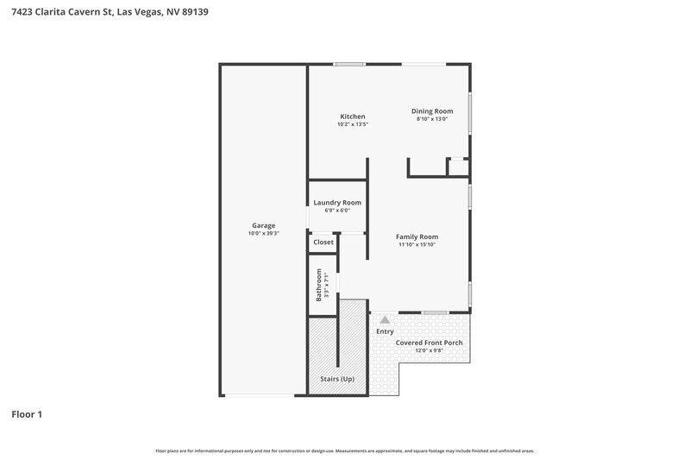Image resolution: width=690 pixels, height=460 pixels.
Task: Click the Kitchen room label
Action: pyautogui.click(x=352, y=117)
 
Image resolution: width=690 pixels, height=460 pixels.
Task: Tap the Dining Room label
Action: pyautogui.click(x=432, y=111)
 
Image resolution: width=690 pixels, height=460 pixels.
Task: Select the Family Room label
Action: pyautogui.click(x=417, y=236)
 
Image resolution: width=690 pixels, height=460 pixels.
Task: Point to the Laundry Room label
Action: pyautogui.click(x=336, y=203)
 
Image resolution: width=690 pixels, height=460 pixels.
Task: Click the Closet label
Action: pyautogui.click(x=323, y=243)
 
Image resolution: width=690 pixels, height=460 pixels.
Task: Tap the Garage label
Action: pyautogui.click(x=263, y=225)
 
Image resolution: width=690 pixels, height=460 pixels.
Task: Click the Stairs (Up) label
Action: pyautogui.click(x=337, y=379)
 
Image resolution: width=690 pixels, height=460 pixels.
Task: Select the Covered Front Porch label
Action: pyautogui.click(x=429, y=343)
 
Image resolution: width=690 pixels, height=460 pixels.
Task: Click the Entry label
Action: pyautogui.click(x=385, y=331)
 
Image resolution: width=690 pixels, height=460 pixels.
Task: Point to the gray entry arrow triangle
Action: pyautogui.click(x=385, y=319)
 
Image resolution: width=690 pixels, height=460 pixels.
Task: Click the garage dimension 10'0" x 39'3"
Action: pyautogui.click(x=263, y=233)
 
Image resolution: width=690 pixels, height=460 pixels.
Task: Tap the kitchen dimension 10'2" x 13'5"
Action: pyautogui.click(x=352, y=124)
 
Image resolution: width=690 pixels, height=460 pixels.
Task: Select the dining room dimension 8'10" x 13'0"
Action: pyautogui.click(x=432, y=119)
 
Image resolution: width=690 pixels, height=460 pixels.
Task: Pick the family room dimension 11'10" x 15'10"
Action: pyautogui.click(x=417, y=244)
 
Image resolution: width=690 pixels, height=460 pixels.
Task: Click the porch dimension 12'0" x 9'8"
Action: pyautogui.click(x=429, y=350)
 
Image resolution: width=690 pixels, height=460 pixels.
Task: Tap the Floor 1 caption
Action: pyautogui.click(x=27, y=415)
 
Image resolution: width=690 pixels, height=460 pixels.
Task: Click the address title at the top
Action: pyautogui.click(x=109, y=12)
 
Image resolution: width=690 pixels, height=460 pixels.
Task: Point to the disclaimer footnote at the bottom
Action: pyautogui.click(x=344, y=451)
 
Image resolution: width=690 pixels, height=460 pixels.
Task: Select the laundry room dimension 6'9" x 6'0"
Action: pyautogui.click(x=336, y=211)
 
